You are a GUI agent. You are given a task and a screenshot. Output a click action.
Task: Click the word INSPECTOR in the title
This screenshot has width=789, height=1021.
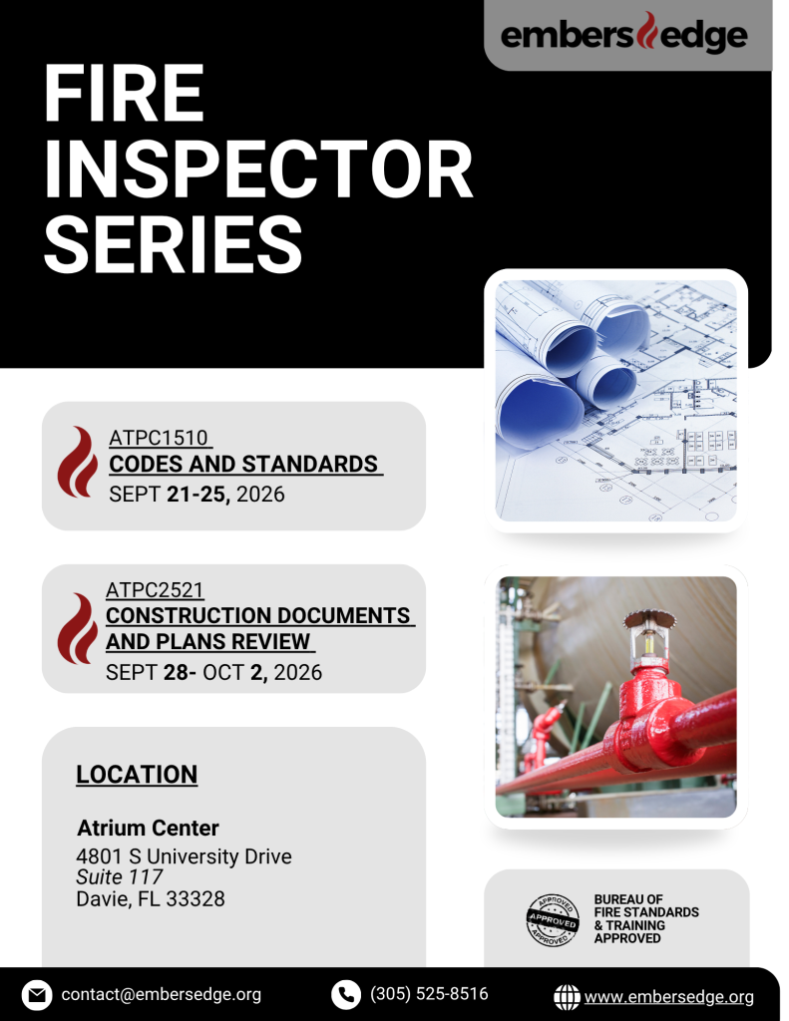click(258, 170)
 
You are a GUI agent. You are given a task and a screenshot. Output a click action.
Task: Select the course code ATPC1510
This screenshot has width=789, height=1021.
click(159, 438)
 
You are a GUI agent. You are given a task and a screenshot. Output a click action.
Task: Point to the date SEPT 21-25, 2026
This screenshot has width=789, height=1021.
click(197, 495)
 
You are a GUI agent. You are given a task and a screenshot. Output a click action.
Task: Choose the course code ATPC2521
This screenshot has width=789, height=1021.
click(155, 590)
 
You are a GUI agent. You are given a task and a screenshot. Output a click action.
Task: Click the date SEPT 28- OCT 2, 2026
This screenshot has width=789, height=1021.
click(213, 672)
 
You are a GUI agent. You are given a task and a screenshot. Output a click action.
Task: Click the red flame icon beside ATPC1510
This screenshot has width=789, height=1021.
click(78, 462)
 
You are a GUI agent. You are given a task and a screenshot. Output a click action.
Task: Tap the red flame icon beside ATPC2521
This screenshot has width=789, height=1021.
click(78, 628)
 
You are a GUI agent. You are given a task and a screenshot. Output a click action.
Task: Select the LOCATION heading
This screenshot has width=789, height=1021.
click(137, 774)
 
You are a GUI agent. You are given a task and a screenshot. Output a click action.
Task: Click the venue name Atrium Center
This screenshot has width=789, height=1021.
click(148, 828)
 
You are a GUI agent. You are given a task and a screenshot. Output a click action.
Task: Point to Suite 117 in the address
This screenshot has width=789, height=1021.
click(120, 877)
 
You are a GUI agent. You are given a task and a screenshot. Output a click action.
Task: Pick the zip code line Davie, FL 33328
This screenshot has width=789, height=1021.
click(151, 898)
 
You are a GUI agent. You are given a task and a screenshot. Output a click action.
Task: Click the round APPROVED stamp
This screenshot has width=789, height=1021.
click(553, 920)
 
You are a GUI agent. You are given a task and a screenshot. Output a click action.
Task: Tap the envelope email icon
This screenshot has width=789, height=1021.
click(37, 995)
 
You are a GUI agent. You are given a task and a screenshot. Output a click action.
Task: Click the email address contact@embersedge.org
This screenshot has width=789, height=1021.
click(161, 994)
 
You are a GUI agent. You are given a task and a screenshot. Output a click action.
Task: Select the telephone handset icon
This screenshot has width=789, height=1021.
click(346, 995)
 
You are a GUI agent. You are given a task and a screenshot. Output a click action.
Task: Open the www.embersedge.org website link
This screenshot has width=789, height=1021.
click(669, 997)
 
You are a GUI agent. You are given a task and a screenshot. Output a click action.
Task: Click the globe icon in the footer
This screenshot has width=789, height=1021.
click(567, 997)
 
